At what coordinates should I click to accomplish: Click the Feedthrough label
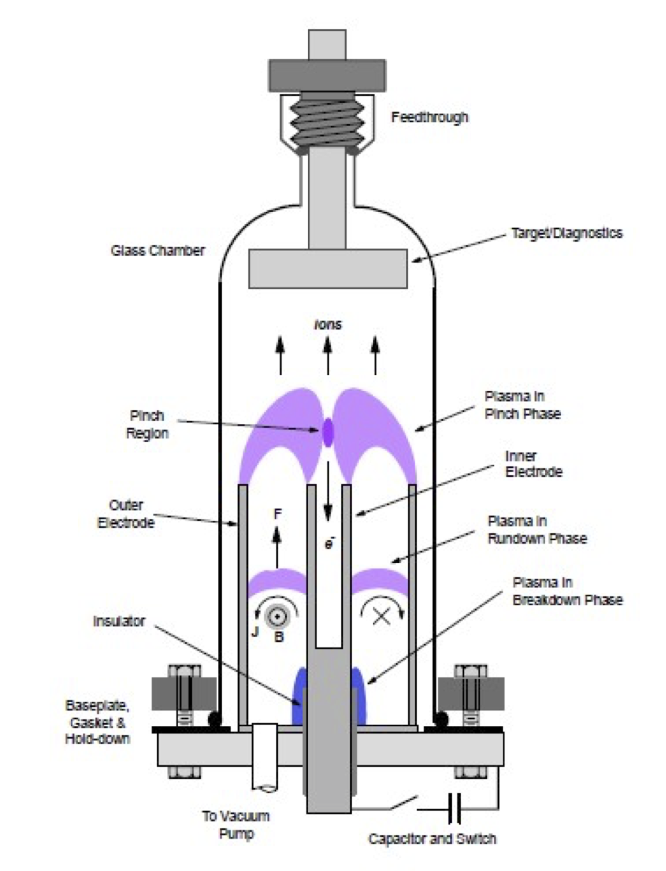point(429,117)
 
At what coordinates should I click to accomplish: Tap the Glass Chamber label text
point(157,250)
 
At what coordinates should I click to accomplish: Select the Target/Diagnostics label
point(567,233)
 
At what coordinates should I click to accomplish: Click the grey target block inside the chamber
point(328,268)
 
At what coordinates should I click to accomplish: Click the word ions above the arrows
point(328,325)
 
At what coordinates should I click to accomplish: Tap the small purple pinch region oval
point(328,431)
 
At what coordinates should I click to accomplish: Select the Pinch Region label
point(147,424)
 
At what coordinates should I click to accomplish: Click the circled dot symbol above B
point(277,616)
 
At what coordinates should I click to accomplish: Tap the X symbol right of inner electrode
point(382,615)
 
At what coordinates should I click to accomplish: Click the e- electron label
point(330,543)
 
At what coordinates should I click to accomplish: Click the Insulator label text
point(119,621)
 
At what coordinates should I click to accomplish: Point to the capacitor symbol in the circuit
point(454,809)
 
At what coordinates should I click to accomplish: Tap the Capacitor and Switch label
point(432,839)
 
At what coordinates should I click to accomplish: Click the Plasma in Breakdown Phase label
point(567,591)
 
